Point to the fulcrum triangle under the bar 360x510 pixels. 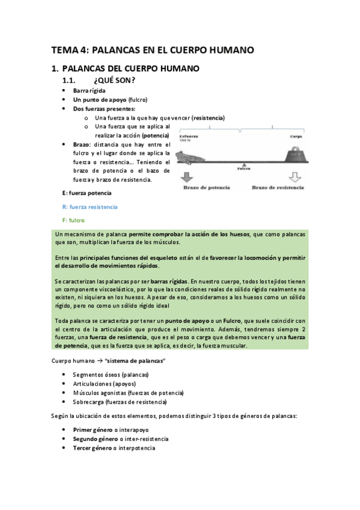243,164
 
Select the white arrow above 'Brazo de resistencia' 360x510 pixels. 294,177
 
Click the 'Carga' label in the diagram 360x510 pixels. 295,137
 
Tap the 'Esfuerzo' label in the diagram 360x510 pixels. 188,137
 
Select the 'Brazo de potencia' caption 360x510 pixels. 206,188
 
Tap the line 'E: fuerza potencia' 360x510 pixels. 87,192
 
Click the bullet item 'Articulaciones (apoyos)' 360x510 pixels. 104,383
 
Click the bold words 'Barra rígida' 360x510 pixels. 89,90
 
